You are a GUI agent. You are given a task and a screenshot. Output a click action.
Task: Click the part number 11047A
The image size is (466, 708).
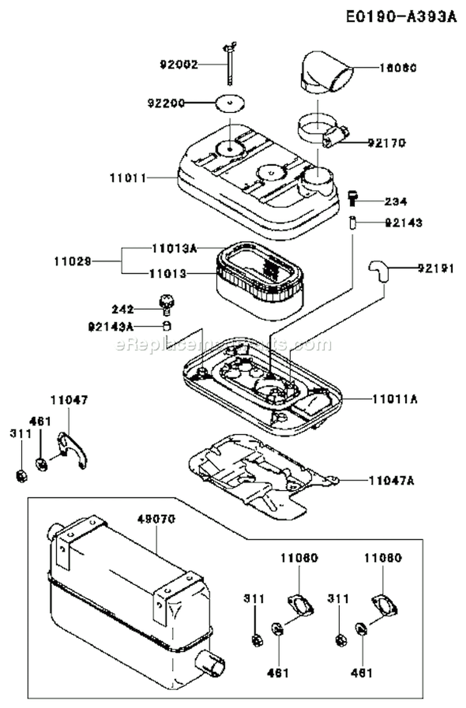click(392, 479)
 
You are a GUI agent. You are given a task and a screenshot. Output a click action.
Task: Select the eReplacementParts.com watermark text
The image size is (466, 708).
click(224, 345)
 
